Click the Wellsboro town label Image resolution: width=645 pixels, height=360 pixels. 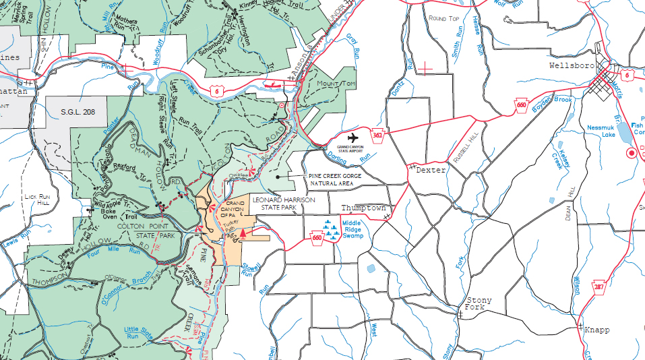pos(572,66)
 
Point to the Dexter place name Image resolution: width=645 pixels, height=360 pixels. pos(431,171)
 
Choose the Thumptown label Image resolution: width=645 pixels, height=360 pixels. pos(363,208)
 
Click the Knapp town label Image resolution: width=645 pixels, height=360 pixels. pos(596,330)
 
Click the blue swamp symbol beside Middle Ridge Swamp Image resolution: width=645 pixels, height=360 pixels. pos(330,230)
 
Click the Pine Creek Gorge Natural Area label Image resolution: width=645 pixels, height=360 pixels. pos(334,179)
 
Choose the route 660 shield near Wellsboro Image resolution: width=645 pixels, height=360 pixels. pos(522,104)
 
